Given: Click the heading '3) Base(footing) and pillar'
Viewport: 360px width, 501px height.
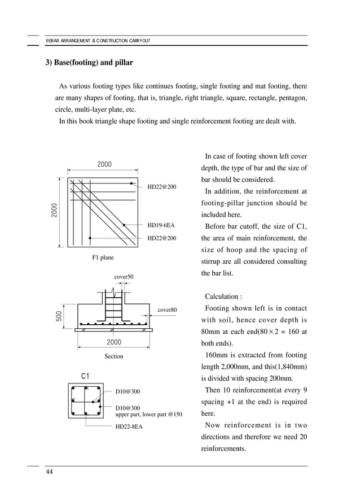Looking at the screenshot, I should [x=89, y=62].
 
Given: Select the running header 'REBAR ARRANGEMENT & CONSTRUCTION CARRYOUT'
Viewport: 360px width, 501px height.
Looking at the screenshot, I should [x=98, y=41].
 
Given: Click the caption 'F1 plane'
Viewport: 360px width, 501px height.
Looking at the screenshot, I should [x=103, y=258].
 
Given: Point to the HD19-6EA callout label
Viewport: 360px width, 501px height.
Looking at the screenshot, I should [x=161, y=225].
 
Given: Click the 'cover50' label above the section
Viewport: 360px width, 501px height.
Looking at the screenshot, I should [x=124, y=276].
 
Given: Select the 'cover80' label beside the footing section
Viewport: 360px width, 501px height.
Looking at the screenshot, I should [x=167, y=310].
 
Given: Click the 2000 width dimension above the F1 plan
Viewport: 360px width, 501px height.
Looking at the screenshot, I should [x=104, y=164].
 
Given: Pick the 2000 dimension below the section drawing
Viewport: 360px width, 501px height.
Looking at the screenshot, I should [x=114, y=342].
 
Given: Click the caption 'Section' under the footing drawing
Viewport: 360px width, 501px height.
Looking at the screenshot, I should [x=113, y=356].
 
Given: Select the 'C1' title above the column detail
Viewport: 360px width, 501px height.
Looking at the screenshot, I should [x=86, y=376].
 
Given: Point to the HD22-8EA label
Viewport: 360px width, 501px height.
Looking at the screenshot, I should [x=129, y=426].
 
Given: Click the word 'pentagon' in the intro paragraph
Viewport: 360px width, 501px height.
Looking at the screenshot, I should [x=291, y=98].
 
